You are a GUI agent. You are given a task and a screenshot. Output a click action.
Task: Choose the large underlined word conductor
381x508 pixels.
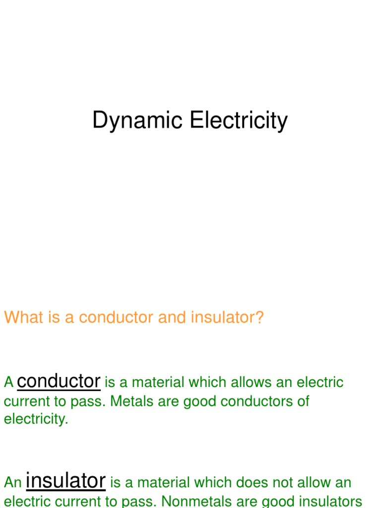click(x=59, y=381)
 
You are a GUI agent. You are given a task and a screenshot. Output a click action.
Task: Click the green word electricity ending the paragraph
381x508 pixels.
click(x=36, y=419)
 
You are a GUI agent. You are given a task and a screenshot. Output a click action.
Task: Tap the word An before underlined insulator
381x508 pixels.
click(x=12, y=482)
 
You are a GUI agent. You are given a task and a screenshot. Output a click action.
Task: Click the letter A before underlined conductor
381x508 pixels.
click(x=8, y=382)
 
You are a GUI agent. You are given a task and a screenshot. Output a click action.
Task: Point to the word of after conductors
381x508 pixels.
click(x=303, y=401)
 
